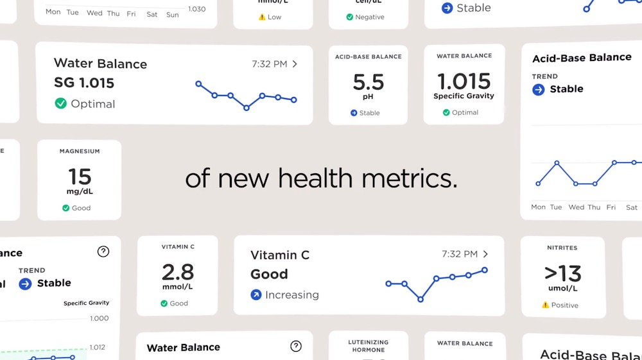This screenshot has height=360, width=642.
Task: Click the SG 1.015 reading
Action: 84,83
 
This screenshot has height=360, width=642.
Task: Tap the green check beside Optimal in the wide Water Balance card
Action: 61,103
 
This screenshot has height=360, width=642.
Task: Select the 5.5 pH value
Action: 368,82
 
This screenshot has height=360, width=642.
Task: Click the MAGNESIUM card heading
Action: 80,151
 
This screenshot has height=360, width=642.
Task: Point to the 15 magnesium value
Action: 80,176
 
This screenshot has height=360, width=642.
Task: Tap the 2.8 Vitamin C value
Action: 178,272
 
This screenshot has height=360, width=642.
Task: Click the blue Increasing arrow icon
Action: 256,295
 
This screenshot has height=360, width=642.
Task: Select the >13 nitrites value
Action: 562,274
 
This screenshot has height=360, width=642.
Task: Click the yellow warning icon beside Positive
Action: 545,305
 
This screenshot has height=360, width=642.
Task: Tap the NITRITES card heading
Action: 562,248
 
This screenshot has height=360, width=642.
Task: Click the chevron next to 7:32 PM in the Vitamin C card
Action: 485,254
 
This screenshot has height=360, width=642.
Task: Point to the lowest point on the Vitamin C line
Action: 421,299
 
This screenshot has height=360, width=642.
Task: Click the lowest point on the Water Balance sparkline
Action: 247,108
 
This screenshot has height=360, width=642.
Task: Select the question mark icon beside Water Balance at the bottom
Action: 296,347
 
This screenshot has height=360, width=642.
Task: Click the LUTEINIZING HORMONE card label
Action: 369,346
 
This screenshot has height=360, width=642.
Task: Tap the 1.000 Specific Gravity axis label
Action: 100,318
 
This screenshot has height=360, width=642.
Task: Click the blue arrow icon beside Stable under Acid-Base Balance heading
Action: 539,89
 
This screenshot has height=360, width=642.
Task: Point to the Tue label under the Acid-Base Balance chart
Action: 556,207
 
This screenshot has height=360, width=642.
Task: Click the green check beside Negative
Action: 350,17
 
